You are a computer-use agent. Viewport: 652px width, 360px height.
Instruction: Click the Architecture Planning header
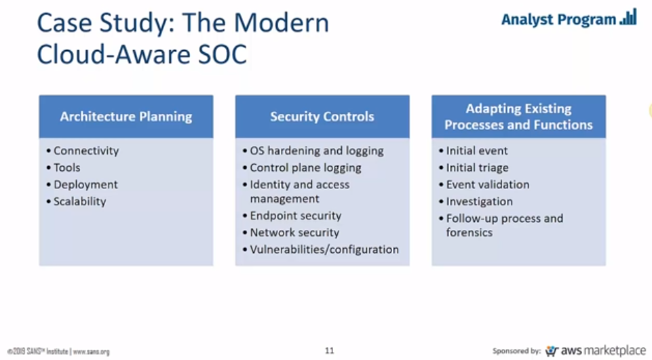(126, 117)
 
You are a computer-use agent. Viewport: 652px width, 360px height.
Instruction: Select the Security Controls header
(322, 117)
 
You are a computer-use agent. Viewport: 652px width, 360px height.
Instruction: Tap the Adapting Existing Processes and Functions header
(518, 117)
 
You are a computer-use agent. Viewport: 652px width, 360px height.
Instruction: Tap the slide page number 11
(329, 351)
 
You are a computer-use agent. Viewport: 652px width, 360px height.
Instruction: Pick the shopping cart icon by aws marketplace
(552, 351)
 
